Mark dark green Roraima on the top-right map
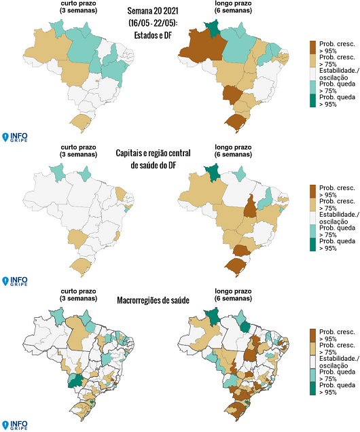point(212,28)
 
